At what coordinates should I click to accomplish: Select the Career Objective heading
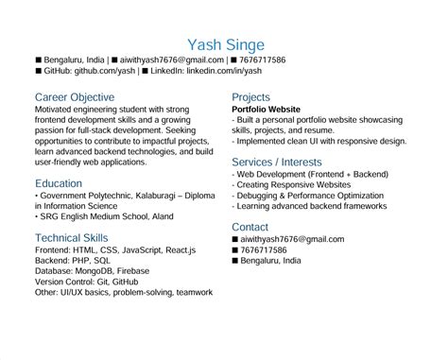coord(75,97)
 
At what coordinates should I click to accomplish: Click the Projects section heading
coord(250,97)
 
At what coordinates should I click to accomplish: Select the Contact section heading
coord(250,227)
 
